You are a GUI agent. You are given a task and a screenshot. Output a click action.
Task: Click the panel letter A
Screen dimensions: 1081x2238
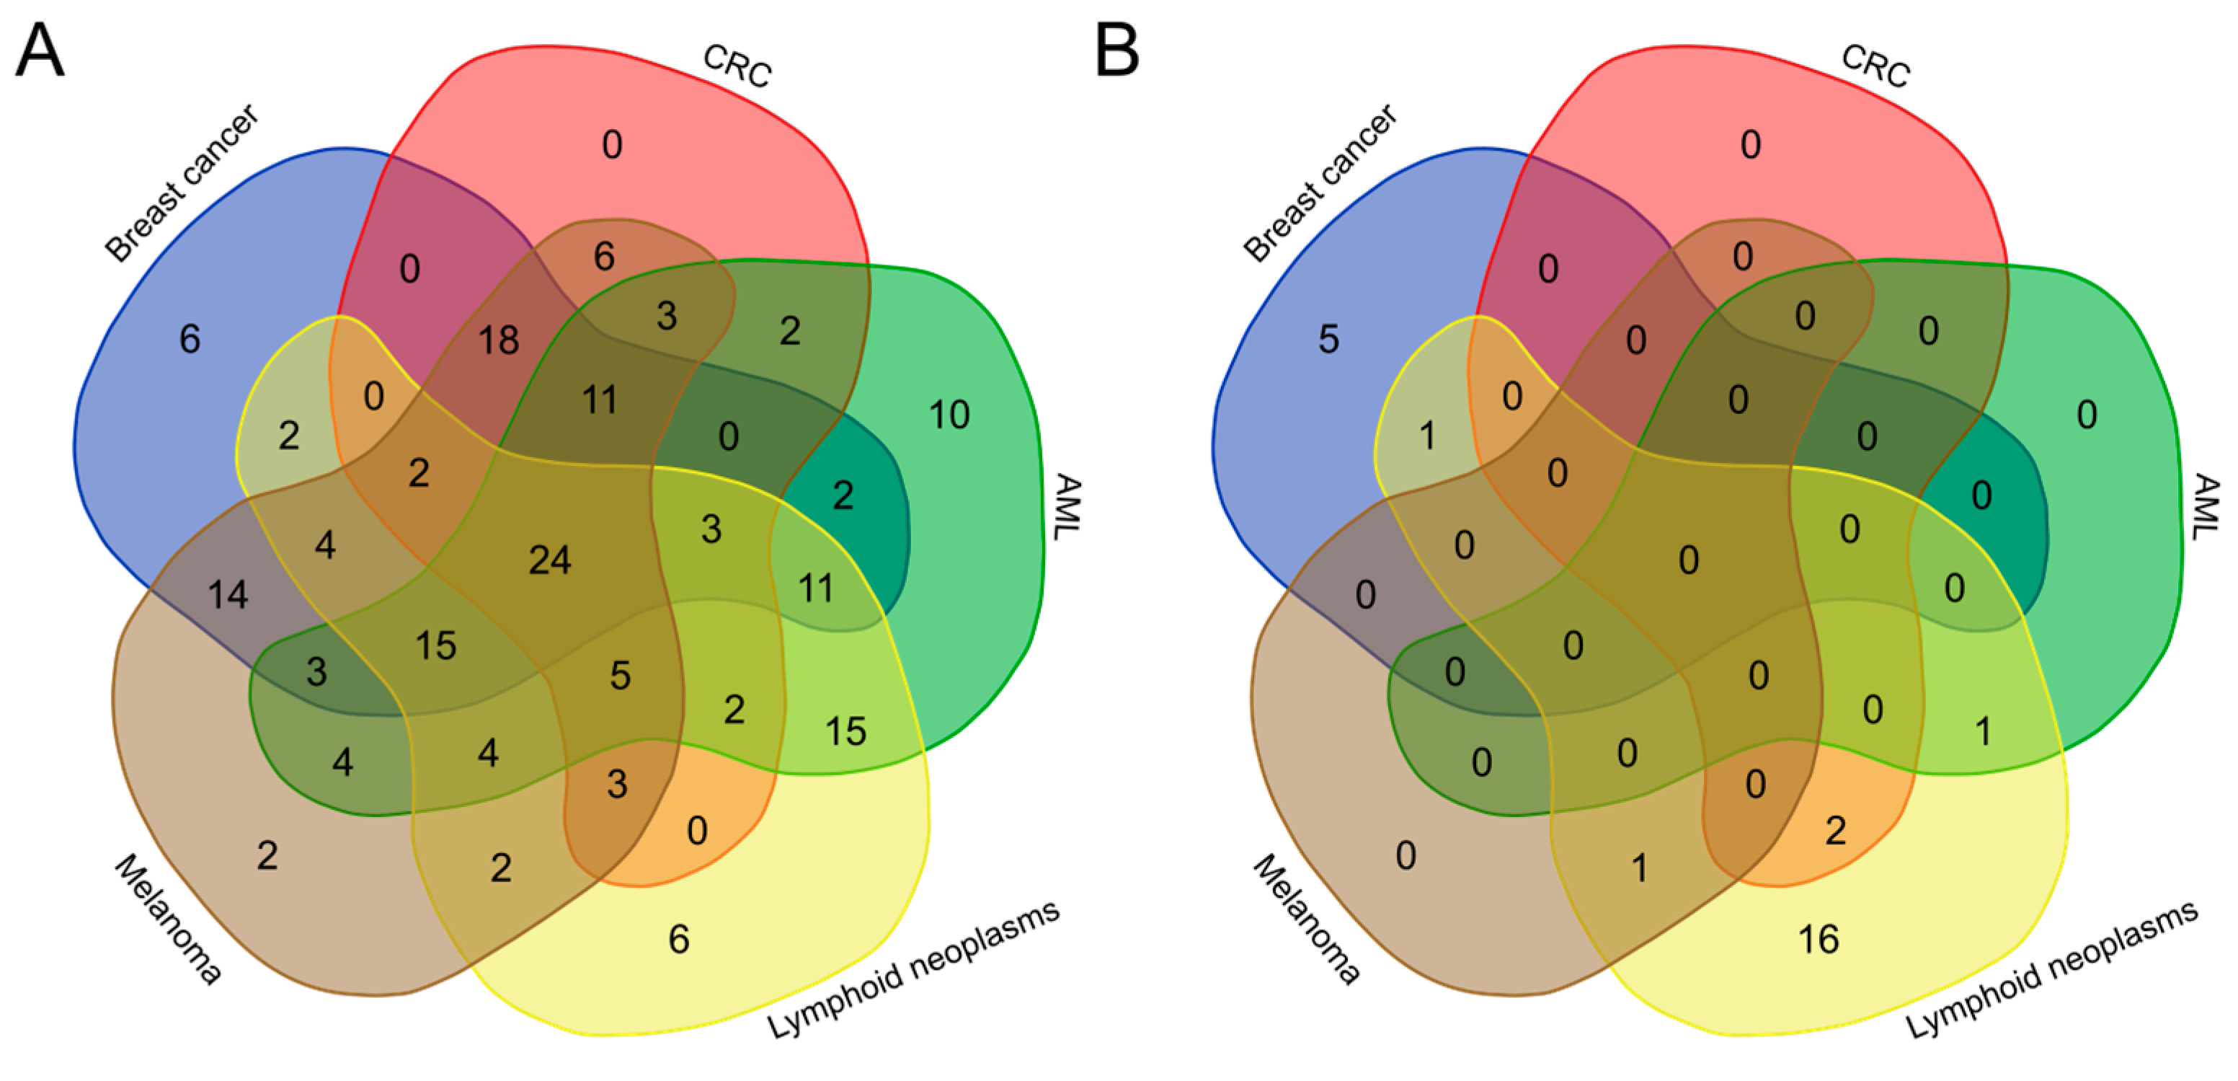tap(40, 50)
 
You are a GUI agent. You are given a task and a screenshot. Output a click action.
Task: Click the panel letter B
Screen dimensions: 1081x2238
tap(1116, 50)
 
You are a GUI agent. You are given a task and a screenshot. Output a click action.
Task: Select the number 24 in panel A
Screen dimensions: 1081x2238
tap(550, 560)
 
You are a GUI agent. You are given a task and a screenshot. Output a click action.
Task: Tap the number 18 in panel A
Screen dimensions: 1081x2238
tap(499, 340)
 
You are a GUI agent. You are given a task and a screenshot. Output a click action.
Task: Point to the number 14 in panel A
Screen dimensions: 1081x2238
tap(228, 595)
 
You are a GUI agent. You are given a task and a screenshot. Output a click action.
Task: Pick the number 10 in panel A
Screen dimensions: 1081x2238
tap(949, 415)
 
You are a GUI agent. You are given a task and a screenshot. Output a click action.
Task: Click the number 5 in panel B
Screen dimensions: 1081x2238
tap(1328, 339)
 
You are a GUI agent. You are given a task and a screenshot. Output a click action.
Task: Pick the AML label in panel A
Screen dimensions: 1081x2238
tap(1067, 507)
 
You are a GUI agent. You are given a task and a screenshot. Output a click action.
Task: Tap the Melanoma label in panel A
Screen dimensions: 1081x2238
tap(168, 919)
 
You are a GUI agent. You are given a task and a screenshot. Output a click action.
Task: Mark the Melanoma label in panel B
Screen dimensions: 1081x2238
tap(1307, 919)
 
